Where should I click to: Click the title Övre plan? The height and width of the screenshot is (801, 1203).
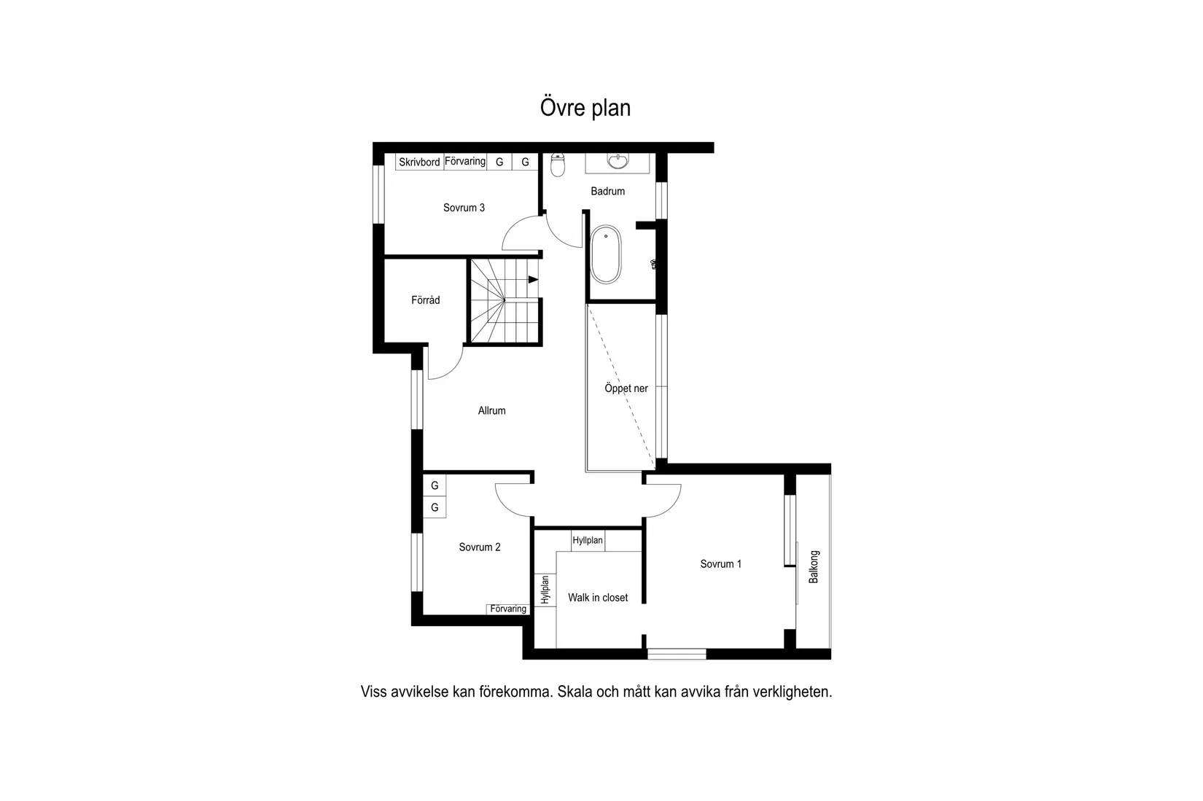pos(585,108)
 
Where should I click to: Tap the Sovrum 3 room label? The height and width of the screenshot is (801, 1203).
pos(464,208)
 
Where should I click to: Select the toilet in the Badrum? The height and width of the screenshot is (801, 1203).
pos(558,165)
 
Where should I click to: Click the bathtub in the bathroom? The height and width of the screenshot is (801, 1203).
pos(605,254)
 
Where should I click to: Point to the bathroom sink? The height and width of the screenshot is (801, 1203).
pos(618,161)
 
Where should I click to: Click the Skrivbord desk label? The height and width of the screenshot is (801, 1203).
pos(419,162)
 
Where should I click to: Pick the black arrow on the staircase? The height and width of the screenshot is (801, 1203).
pos(533,279)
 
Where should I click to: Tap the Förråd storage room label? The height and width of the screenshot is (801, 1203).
pos(425,300)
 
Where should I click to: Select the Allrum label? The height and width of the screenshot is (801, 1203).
pos(491,410)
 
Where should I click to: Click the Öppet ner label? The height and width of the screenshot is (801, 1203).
pos(626,388)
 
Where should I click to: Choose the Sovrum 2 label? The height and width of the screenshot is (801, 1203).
pos(479,547)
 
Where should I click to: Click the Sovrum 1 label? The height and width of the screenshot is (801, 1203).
pos(720,563)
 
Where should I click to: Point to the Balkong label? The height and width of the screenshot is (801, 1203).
pos(814,566)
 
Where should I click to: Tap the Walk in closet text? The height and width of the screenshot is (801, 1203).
pos(598,598)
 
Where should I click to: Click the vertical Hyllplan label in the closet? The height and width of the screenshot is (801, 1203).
pos(545,590)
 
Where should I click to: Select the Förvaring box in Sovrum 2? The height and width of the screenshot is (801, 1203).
pos(508,609)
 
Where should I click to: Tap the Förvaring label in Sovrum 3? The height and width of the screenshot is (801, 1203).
pos(465,161)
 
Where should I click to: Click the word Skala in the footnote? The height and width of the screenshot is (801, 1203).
pos(575,692)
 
